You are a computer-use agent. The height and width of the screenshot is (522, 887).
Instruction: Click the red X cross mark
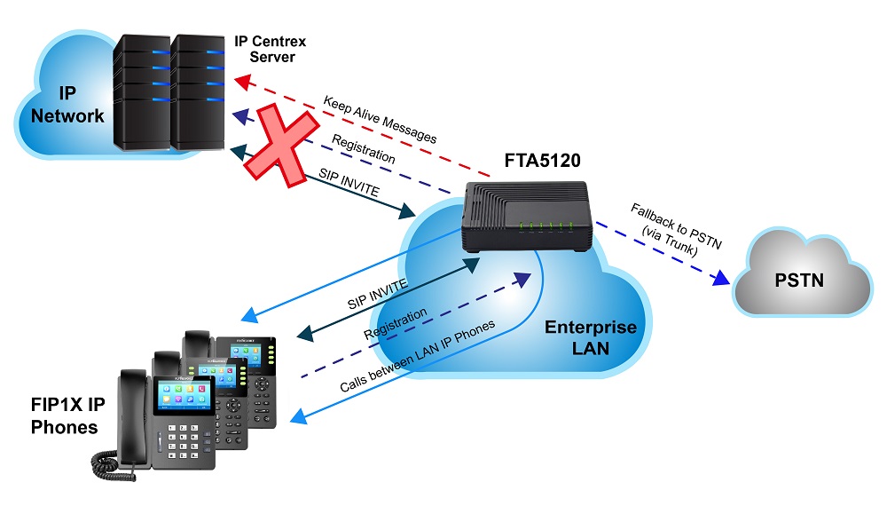click(282, 148)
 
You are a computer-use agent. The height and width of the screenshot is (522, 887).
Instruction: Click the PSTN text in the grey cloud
click(799, 281)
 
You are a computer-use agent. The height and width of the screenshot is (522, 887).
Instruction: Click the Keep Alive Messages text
click(380, 120)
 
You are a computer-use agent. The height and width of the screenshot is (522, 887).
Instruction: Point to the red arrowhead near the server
click(241, 82)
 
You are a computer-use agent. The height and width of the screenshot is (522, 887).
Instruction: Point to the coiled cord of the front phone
click(115, 462)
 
